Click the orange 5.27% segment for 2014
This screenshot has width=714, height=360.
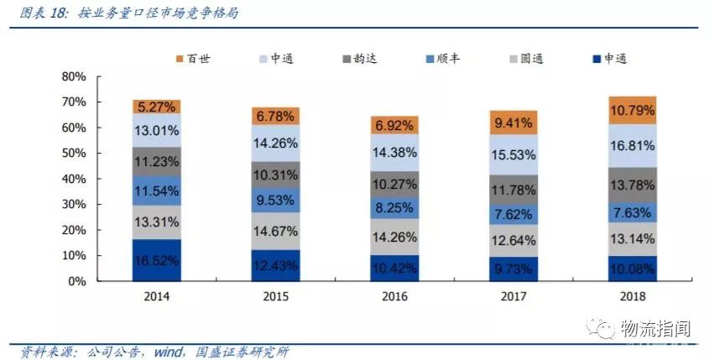[x=157, y=107]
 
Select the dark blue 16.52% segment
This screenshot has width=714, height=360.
[x=157, y=260]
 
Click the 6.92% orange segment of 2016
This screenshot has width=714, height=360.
[x=393, y=125]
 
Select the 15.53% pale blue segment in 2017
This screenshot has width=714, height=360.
[x=513, y=154]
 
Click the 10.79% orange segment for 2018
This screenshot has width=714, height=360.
[x=632, y=110]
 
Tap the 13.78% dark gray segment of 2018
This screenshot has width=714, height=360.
[x=632, y=185]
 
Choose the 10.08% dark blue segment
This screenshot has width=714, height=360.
[x=632, y=269]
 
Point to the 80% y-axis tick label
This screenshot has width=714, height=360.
[x=74, y=76]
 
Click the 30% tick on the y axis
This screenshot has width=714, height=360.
[x=74, y=205]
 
